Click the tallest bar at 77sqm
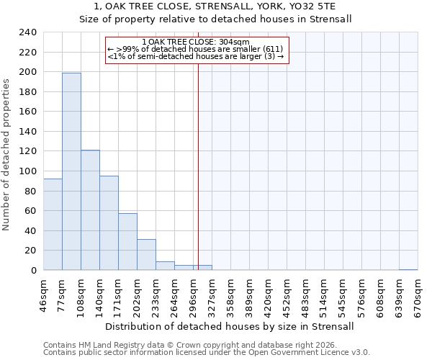[71, 171]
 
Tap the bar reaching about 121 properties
[90, 210]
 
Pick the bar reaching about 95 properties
[109, 223]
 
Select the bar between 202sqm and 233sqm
[146, 255]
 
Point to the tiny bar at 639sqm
[408, 269]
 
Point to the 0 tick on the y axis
[33, 271]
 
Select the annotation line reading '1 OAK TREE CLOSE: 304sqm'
[196, 42]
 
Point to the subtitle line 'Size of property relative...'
[215, 19]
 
